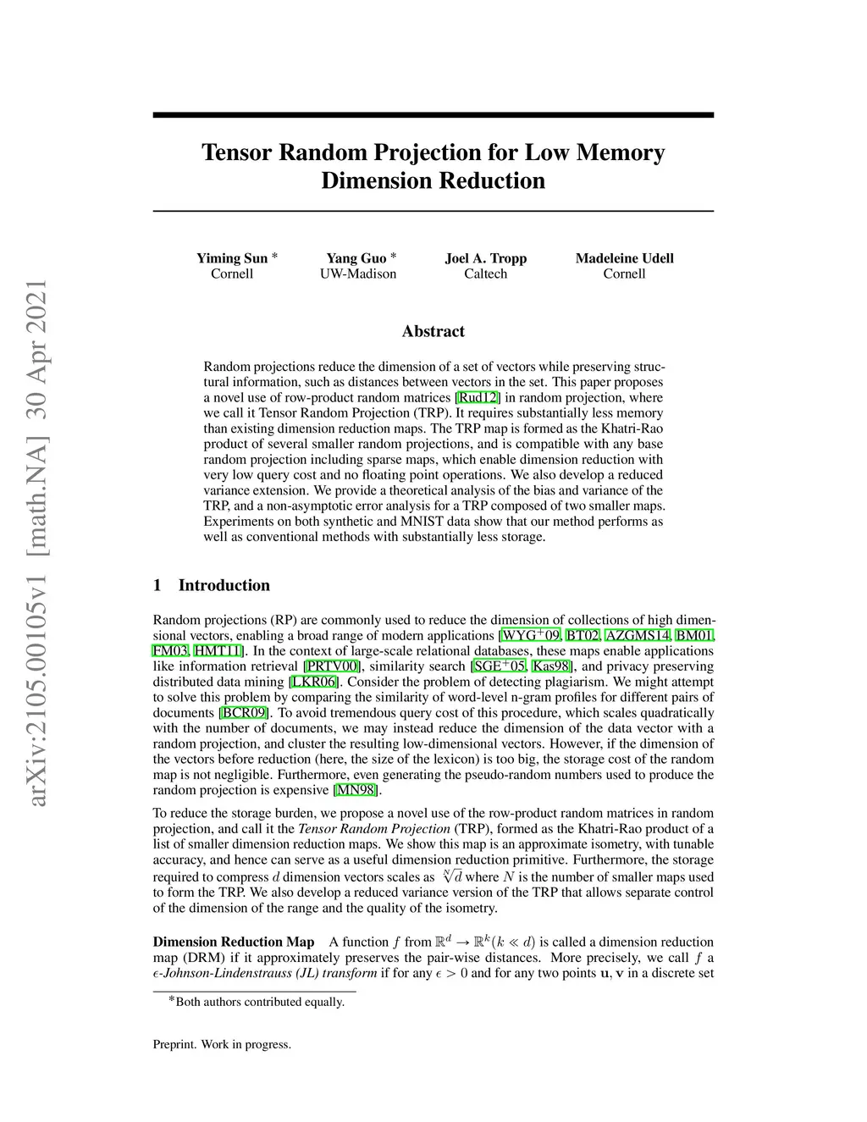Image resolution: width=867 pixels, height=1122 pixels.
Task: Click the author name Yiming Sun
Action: pos(232,258)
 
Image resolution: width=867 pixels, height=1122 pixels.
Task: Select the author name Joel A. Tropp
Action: pos(485,258)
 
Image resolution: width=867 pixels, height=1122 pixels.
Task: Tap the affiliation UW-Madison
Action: pos(357,274)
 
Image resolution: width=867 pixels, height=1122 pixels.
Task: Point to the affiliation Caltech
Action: pos(485,274)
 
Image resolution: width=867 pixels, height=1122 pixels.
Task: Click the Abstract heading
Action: pos(433,331)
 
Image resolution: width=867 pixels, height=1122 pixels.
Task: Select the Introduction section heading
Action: pos(224,585)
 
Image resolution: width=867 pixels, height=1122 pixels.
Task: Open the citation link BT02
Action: pos(583,636)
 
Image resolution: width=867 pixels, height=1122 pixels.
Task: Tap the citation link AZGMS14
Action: pos(638,636)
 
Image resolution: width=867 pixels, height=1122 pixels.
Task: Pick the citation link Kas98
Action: pos(550,666)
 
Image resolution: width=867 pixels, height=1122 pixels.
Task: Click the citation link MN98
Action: pos(355,790)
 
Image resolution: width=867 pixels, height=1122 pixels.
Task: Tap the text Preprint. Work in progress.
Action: pos(222,1044)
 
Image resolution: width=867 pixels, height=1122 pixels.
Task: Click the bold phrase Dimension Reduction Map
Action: pos(233,942)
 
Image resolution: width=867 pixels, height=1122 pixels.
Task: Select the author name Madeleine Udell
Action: pos(624,258)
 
